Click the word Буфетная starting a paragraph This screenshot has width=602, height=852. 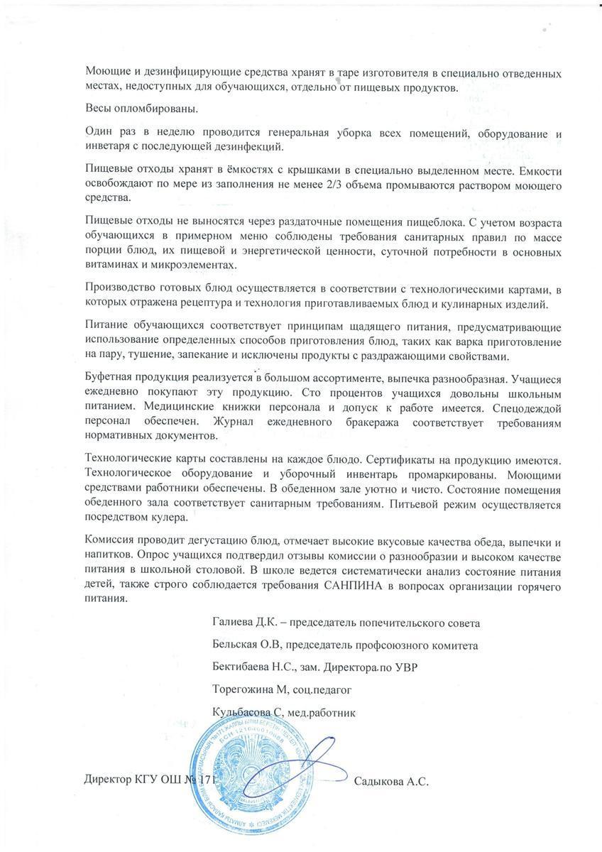coord(109,381)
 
